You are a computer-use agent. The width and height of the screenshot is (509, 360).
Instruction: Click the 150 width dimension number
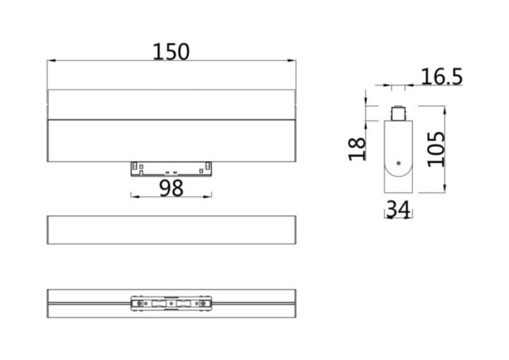171,52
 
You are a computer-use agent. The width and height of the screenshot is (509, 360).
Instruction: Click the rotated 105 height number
436,149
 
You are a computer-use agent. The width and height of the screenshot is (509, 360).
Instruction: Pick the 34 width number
398,209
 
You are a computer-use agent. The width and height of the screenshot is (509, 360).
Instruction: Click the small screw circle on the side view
398,164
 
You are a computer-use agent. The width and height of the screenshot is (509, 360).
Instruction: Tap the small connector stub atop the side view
398,114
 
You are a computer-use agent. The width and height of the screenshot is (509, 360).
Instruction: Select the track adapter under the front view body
171,168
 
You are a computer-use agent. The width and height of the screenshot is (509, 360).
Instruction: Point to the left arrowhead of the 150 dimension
50,62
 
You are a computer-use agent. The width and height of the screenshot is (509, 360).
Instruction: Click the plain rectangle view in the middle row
171,230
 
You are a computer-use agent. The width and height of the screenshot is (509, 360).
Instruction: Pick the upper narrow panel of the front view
171,104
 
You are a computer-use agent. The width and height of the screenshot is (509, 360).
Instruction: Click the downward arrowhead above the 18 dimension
367,102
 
